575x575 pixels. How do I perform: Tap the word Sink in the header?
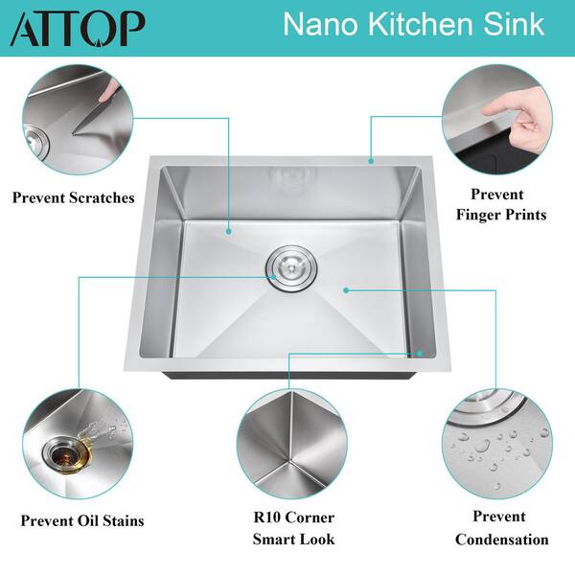click(x=527, y=26)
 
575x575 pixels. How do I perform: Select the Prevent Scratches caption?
click(x=73, y=198)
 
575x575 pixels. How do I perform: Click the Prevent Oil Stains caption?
click(x=82, y=521)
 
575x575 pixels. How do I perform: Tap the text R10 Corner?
click(x=293, y=518)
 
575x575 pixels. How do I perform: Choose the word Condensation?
click(x=502, y=540)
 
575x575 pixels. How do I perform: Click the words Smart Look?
click(x=293, y=540)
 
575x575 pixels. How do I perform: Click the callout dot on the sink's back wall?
click(x=228, y=231)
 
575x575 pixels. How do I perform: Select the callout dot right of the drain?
click(x=344, y=287)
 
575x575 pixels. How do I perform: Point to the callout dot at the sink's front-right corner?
click(x=421, y=353)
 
